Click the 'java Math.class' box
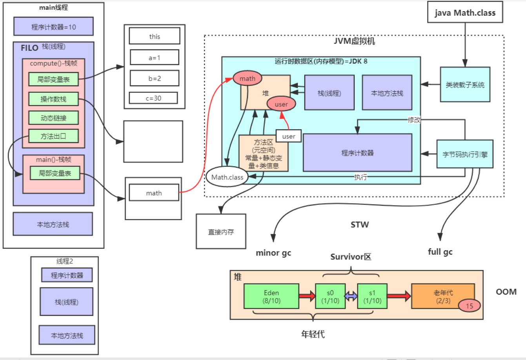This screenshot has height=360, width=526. [465, 12]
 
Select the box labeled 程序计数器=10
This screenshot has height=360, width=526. [53, 27]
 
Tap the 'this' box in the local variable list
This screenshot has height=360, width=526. [155, 36]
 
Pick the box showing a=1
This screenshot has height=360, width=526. [155, 57]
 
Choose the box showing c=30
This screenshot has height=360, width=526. [153, 98]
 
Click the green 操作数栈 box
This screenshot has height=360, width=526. [53, 99]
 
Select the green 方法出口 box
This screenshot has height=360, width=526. [53, 136]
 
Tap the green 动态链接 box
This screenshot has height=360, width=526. [53, 118]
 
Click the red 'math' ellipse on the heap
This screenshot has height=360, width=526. [247, 78]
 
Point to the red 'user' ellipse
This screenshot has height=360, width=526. [281, 104]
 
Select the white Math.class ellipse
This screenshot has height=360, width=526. [227, 177]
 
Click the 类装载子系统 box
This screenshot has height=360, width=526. [465, 85]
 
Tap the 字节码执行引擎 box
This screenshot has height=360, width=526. [465, 154]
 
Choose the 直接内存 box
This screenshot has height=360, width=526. [221, 232]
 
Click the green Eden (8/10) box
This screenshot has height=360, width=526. [271, 296]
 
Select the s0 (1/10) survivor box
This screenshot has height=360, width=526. [330, 296]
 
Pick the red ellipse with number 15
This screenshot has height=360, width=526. [470, 306]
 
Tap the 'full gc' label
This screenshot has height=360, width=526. [440, 252]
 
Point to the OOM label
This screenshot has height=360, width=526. [506, 292]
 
